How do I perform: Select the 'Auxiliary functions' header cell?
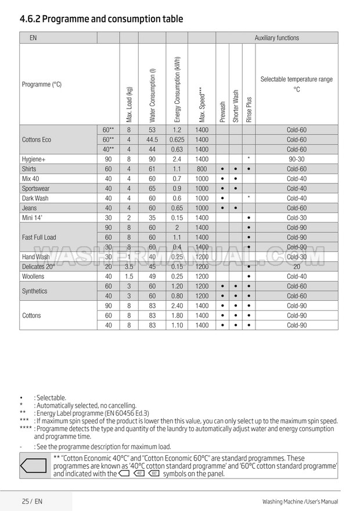pyautogui.click(x=276, y=38)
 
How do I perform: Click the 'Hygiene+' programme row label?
pyautogui.click(x=34, y=159)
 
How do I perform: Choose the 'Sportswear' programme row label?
pyautogui.click(x=35, y=188)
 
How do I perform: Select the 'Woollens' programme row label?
pyautogui.click(x=33, y=276)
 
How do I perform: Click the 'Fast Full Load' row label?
pyautogui.click(x=39, y=237)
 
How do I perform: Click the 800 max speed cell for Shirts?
pyautogui.click(x=201, y=169)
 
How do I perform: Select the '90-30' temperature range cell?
pyautogui.click(x=296, y=159)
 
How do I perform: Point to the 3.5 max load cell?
pyautogui.click(x=129, y=267)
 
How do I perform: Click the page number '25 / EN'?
pyautogui.click(x=31, y=501)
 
